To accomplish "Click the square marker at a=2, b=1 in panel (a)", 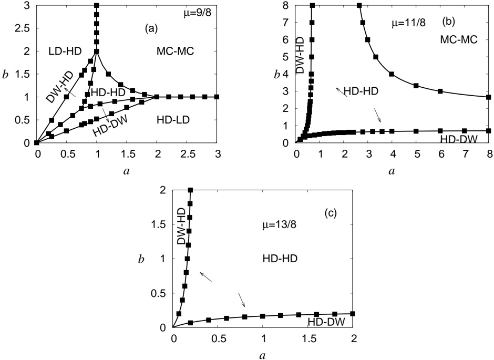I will coord(157,97).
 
